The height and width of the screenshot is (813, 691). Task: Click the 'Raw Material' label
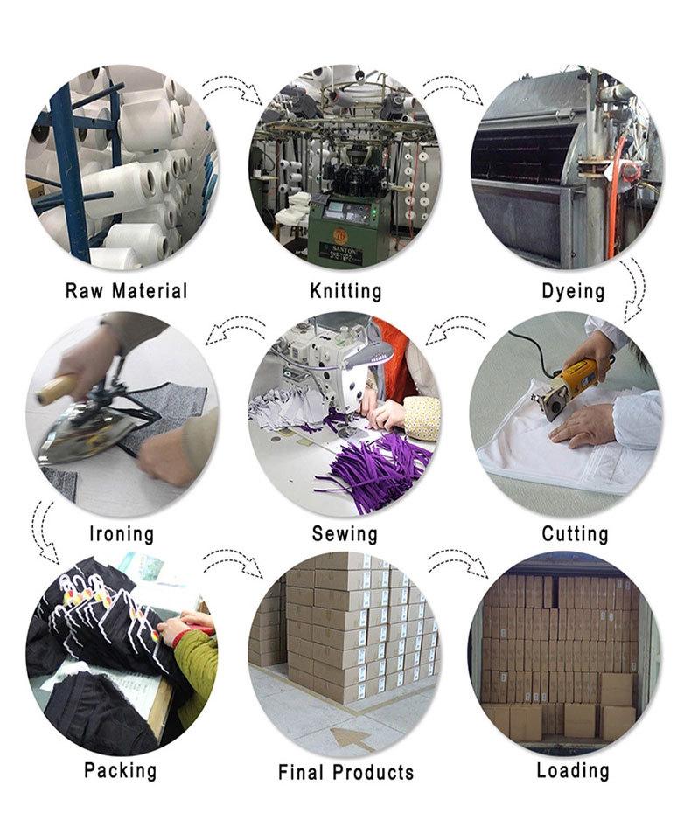127,290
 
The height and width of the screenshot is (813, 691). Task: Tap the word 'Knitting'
345,290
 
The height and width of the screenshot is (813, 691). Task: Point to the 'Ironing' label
122,533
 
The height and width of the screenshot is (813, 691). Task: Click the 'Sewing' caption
345,533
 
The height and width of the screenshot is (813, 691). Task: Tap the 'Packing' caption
121,771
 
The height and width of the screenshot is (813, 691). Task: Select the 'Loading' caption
573,771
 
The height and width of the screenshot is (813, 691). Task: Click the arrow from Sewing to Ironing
234,330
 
